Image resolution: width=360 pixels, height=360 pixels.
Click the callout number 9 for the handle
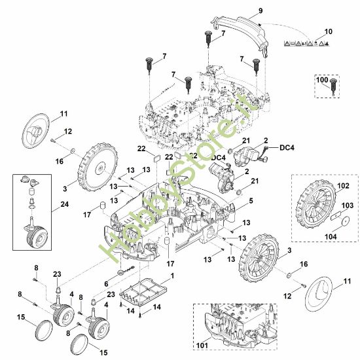pos(261,10)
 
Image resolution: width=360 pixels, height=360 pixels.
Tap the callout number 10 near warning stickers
pos(329,31)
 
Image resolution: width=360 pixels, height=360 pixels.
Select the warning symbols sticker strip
pos(307,43)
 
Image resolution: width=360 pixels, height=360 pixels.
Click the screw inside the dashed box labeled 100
pos(333,86)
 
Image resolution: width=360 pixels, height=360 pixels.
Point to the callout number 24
pos(65,204)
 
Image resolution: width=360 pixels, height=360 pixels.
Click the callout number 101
pos(202,345)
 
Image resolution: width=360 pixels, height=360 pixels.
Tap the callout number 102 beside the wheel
pos(343,186)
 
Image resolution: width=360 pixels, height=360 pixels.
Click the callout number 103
pos(347,205)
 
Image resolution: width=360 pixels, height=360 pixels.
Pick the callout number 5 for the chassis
pos(251,201)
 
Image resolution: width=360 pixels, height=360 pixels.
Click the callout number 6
pos(106,284)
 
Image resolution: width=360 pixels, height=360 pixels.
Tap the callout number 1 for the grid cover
pos(172,276)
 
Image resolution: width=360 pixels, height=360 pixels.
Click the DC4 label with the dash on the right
pos(287,148)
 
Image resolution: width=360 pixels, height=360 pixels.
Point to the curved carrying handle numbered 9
pos(240,32)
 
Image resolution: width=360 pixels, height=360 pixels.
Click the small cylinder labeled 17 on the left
pos(102,205)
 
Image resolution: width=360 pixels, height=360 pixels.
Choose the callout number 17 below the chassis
pos(170,264)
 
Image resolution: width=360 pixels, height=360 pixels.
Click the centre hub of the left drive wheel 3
pos(100,169)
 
